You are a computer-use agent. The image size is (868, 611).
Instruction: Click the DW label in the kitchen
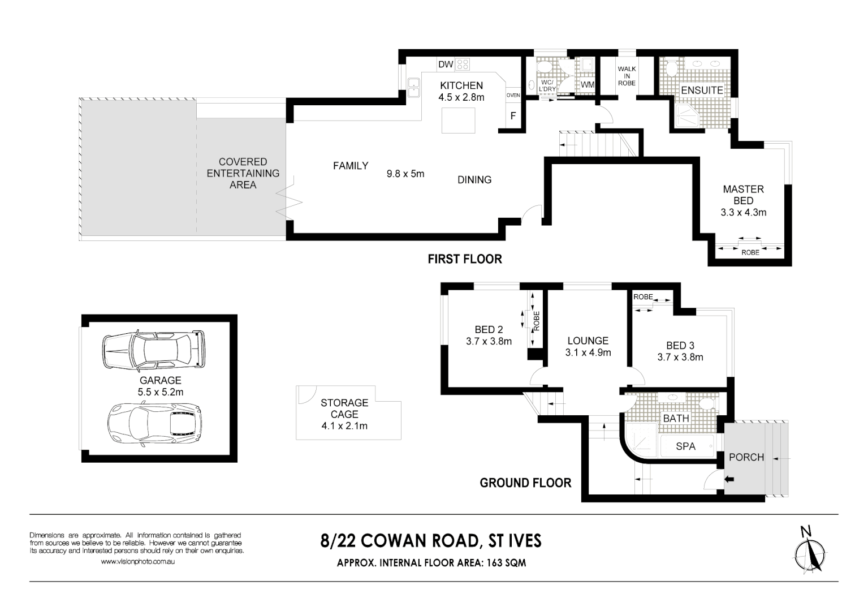[x=446, y=64]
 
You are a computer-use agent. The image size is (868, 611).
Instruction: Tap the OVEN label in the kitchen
[x=513, y=95]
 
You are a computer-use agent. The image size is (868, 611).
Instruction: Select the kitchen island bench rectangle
[x=458, y=120]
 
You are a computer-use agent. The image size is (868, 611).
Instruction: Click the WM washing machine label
[x=588, y=85]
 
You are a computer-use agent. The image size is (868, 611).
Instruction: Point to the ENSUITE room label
[x=702, y=91]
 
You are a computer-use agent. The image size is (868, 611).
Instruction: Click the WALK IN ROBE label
[x=627, y=76]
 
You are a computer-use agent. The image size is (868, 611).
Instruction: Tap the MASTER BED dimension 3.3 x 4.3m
[x=743, y=213]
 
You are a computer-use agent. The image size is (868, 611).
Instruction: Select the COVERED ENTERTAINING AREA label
[x=243, y=173]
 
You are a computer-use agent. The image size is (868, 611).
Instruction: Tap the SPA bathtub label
[x=685, y=446]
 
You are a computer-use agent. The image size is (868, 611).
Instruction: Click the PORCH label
[x=746, y=457]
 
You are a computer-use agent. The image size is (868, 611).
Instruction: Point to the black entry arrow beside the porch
[x=729, y=480]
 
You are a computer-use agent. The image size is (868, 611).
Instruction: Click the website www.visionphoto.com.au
[x=137, y=562]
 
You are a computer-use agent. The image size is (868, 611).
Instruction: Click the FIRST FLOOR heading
[x=464, y=259]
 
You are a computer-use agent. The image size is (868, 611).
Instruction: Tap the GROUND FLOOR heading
[x=525, y=483]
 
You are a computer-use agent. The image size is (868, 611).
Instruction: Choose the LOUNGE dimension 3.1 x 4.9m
[x=588, y=352]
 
